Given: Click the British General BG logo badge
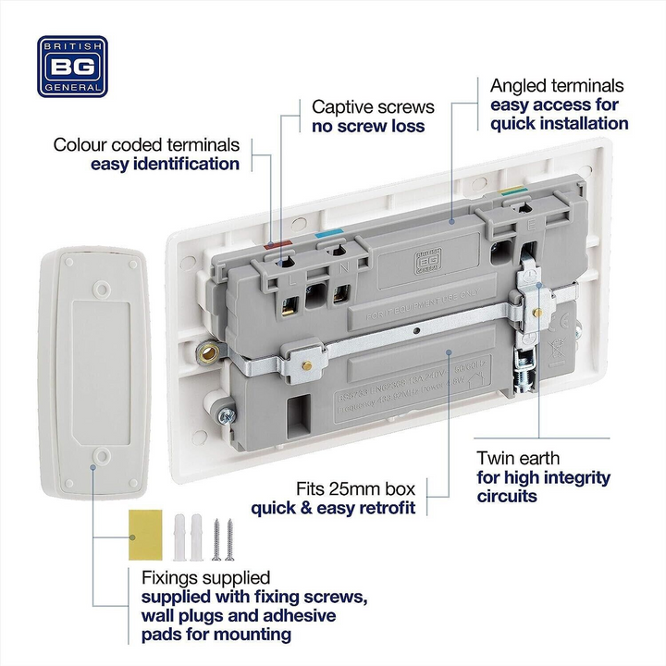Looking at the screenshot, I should pyautogui.click(x=72, y=67).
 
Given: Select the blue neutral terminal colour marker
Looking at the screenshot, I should pyautogui.click(x=324, y=236).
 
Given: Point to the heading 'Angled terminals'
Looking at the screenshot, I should pyautogui.click(x=557, y=86).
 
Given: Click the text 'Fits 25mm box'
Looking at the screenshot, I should pyautogui.click(x=356, y=487).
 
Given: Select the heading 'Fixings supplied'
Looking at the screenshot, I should pyautogui.click(x=205, y=576).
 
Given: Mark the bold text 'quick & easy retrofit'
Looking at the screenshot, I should pyautogui.click(x=333, y=507).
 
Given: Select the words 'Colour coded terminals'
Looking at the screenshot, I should pyautogui.click(x=146, y=144).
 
